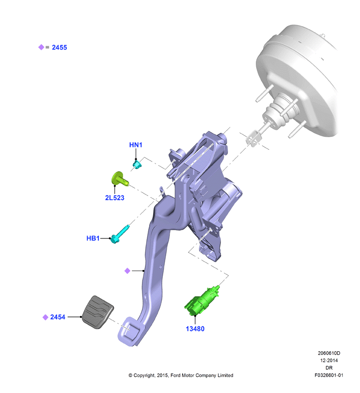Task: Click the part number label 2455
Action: pyautogui.click(x=60, y=47)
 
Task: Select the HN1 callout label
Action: pyautogui.click(x=136, y=145)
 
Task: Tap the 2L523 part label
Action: pyautogui.click(x=114, y=198)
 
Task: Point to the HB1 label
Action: pyautogui.click(x=93, y=238)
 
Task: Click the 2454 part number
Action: pyautogui.click(x=58, y=317)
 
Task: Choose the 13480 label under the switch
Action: pyautogui.click(x=195, y=329)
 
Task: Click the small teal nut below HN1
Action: pyautogui.click(x=137, y=165)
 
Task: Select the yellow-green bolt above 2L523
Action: pyautogui.click(x=120, y=179)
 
